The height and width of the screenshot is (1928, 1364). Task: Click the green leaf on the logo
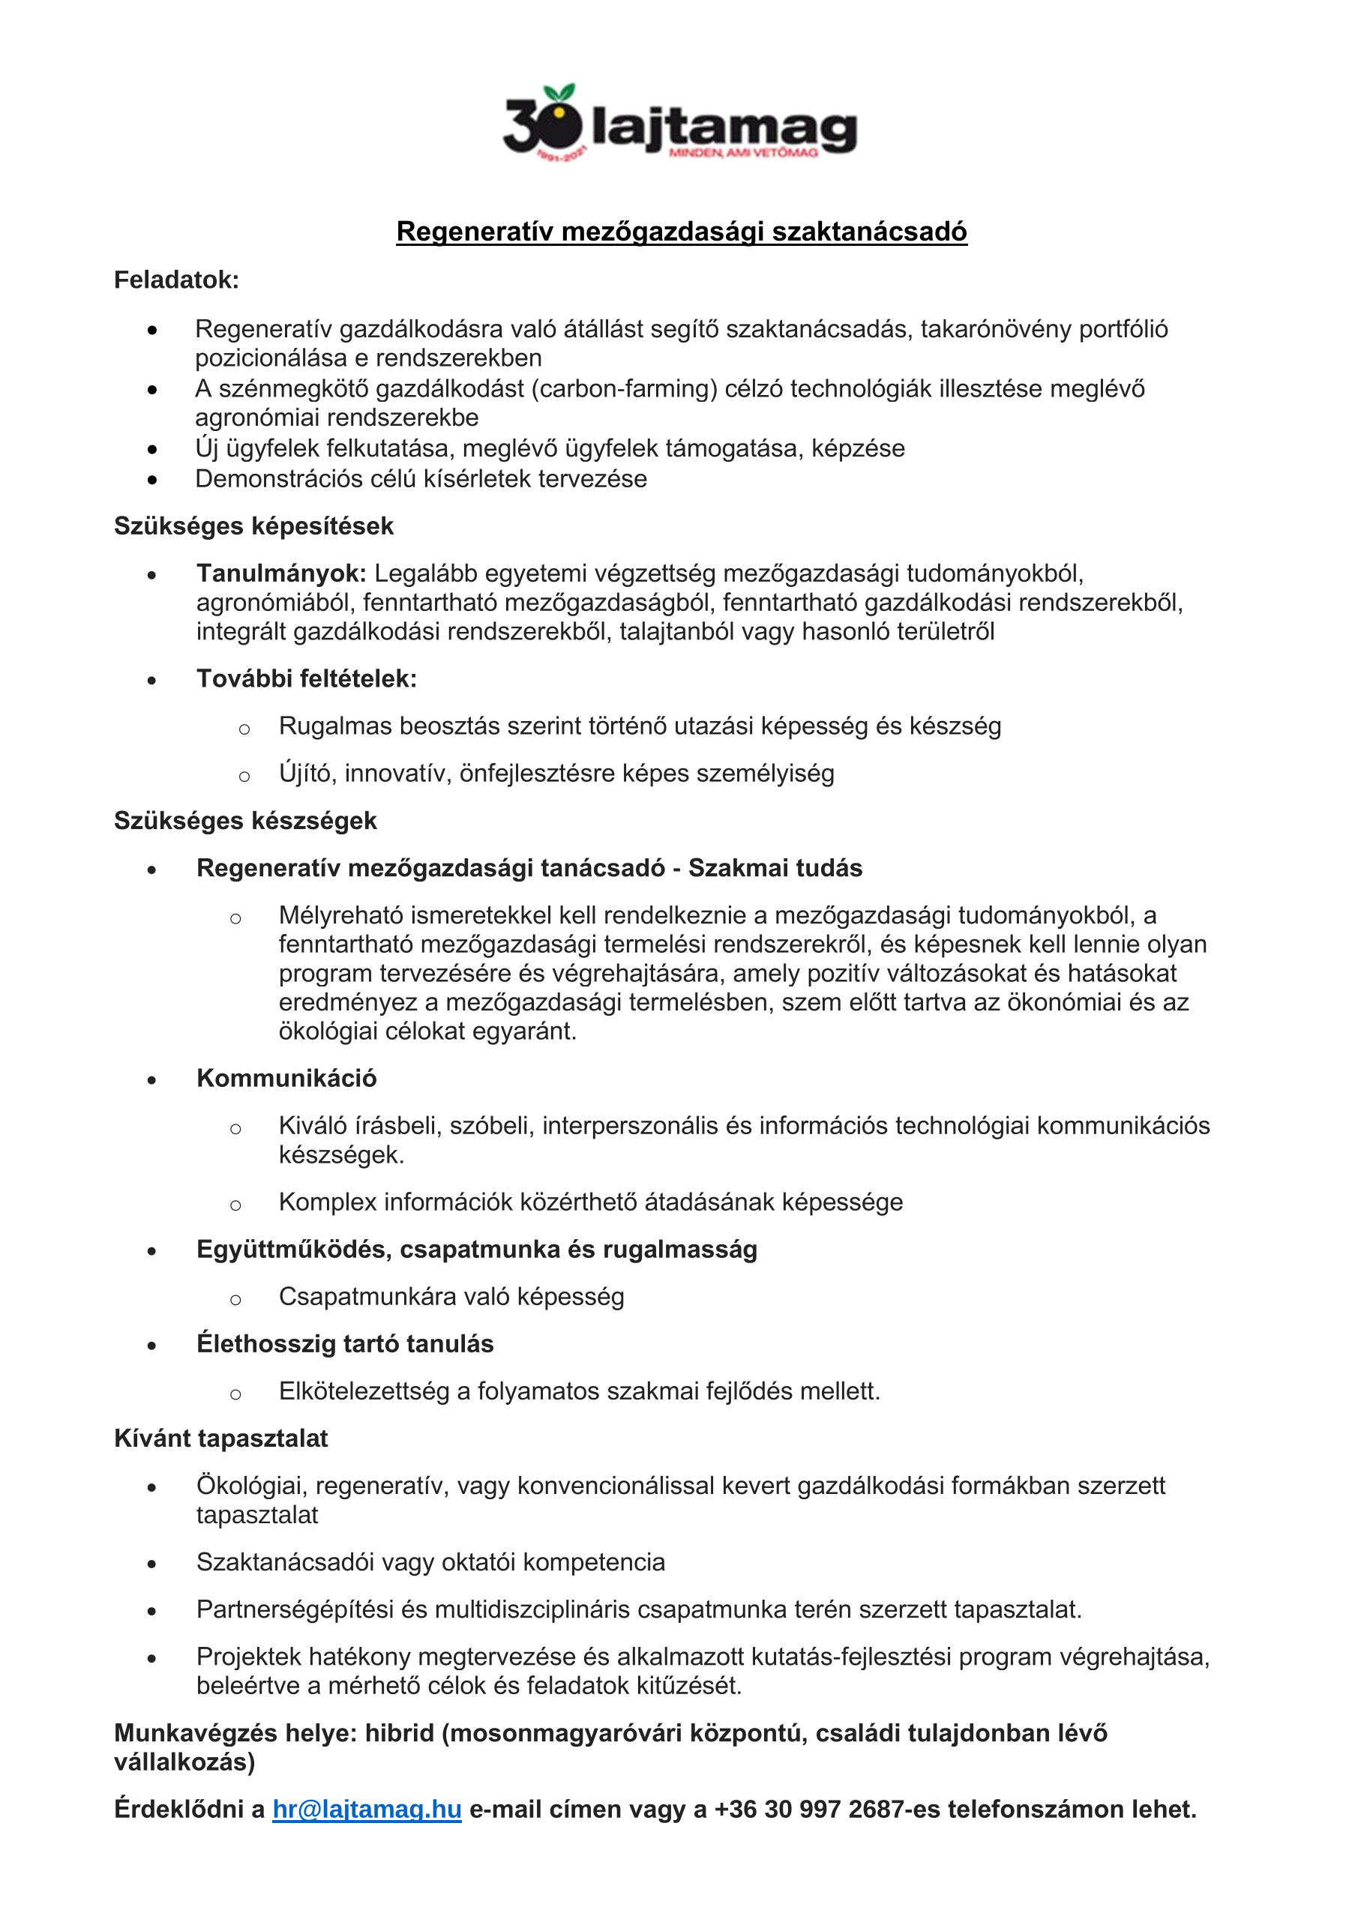click(559, 91)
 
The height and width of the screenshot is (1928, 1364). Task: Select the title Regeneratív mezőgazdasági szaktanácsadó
click(681, 231)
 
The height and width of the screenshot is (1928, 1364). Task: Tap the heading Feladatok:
click(176, 280)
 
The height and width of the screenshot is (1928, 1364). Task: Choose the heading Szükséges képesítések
click(253, 525)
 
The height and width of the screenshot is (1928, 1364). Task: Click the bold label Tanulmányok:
click(281, 573)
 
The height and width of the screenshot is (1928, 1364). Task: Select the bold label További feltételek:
click(307, 678)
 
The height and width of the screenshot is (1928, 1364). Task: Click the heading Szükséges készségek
click(245, 820)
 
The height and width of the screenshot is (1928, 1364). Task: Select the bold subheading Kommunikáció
click(286, 1078)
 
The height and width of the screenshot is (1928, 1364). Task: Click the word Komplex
click(328, 1202)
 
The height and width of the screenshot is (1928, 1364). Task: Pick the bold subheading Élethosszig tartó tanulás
click(344, 1343)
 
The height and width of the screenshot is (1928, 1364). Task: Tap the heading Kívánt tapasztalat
click(221, 1439)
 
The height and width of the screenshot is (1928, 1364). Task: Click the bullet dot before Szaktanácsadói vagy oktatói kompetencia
click(152, 1564)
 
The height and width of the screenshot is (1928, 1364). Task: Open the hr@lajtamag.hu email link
click(367, 1809)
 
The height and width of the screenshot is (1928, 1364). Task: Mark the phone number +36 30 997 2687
click(812, 1809)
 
